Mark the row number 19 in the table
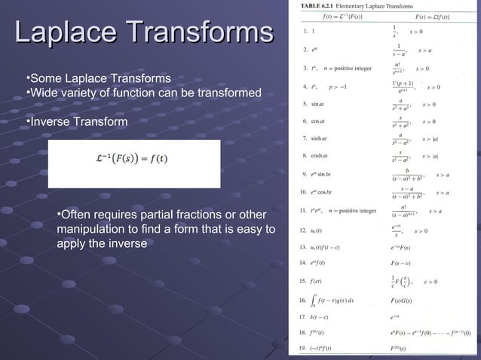click(x=304, y=349)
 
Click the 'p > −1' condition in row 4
click(x=338, y=86)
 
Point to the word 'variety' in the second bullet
click(x=82, y=93)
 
